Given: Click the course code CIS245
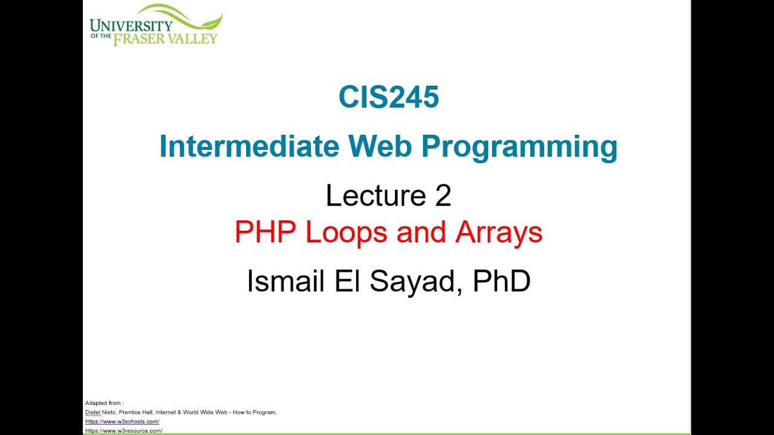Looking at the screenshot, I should pos(388,97).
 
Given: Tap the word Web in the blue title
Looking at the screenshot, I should pos(380,147).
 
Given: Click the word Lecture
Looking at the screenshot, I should pos(376,196).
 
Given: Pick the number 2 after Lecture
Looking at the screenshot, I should pos(443,196).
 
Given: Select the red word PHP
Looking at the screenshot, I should pos(266,233).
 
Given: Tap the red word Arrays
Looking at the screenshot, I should pos(499,233).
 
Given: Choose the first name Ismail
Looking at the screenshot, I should pos(286,281).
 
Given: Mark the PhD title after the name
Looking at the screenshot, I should pos(501,281).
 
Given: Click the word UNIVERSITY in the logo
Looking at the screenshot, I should pos(131,25).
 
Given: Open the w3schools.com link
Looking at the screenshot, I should pos(122,422).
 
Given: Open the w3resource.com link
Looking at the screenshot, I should pos(123,431).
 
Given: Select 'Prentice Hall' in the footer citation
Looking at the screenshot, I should pos(143,413).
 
